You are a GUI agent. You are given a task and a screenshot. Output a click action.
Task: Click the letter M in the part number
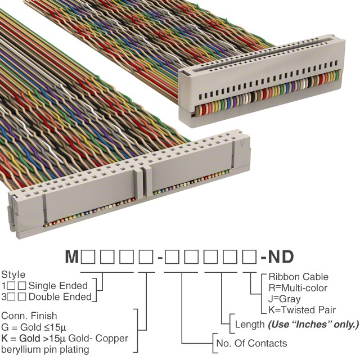click(72, 256)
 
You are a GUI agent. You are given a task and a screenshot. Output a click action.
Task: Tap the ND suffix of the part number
click(281, 256)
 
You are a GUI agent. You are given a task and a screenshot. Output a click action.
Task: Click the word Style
click(13, 275)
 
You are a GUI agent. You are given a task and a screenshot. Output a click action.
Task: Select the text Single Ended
click(58, 286)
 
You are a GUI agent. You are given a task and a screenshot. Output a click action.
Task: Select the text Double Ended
click(60, 297)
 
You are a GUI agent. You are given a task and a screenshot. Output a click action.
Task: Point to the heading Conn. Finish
click(29, 316)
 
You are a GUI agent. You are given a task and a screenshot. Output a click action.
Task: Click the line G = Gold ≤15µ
click(34, 327)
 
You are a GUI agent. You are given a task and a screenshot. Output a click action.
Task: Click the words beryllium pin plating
click(45, 350)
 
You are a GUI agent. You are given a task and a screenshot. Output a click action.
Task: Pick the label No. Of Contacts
click(251, 343)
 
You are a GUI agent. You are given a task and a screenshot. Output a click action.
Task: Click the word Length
click(250, 325)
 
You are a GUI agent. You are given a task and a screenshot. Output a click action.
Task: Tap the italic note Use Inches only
click(313, 325)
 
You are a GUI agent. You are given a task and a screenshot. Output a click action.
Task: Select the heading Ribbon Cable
click(298, 277)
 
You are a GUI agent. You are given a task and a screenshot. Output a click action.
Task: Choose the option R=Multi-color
click(298, 288)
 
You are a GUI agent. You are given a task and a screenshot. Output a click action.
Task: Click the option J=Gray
click(285, 299)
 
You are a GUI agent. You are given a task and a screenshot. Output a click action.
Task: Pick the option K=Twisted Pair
click(302, 310)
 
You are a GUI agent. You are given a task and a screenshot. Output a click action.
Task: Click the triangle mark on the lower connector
click(242, 143)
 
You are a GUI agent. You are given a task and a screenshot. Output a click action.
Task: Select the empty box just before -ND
click(249, 257)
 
